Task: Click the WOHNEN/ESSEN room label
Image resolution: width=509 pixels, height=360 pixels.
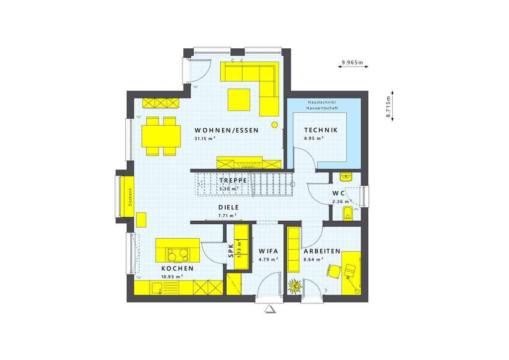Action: tap(226, 130)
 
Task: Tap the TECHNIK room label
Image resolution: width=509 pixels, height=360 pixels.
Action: tap(321, 130)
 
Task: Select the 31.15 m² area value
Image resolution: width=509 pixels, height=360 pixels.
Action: tap(204, 139)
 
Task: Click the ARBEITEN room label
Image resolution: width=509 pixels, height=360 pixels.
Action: tap(322, 252)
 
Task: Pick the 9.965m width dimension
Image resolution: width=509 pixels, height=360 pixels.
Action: tap(352, 63)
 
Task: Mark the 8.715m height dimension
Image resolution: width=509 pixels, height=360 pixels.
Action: tap(389, 105)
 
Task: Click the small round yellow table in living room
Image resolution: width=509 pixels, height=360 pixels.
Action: tap(274, 125)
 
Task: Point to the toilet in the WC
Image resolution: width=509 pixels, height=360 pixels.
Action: tap(348, 213)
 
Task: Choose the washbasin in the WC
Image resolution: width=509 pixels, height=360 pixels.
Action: tap(345, 176)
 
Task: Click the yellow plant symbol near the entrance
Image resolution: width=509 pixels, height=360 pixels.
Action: tap(294, 287)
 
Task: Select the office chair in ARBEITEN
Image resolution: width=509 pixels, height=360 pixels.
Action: tap(333, 271)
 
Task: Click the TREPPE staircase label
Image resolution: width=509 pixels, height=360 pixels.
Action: tap(230, 180)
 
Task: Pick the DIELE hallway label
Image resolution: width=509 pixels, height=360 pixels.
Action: tap(228, 207)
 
